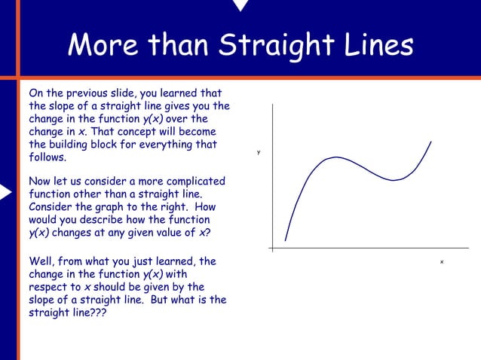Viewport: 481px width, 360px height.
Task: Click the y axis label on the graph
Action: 258,152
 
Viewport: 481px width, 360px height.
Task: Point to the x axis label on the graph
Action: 442,261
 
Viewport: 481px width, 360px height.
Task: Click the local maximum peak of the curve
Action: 334,157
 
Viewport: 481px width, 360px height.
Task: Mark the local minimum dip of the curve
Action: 392,180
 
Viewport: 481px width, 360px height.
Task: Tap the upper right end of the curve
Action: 431,141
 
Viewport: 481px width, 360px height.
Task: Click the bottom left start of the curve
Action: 285,241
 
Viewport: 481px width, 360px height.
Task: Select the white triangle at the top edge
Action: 240,5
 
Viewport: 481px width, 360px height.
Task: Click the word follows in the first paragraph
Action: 47,158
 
